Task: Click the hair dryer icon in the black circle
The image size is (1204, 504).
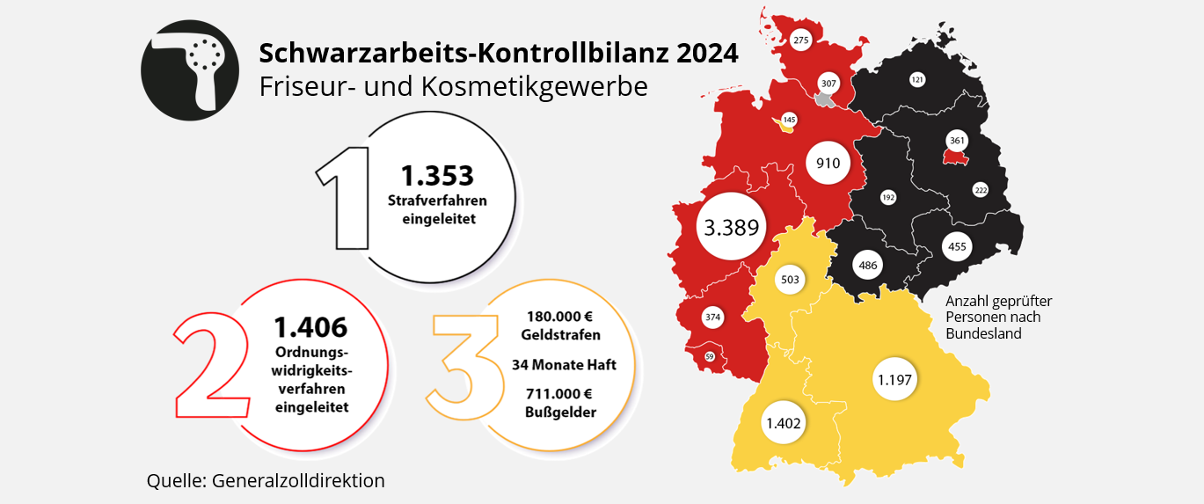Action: (189, 69)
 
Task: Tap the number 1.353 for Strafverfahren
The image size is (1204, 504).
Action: (437, 175)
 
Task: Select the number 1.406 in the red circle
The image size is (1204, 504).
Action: (310, 327)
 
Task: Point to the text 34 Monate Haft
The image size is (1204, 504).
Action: (564, 364)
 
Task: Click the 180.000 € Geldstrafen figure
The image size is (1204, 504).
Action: (561, 325)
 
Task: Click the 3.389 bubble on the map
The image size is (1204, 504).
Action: (731, 228)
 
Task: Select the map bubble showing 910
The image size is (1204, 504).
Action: (828, 163)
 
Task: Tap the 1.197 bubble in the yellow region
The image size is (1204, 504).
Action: (895, 380)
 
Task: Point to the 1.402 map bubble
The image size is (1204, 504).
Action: (784, 423)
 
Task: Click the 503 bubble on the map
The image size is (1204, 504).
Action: (790, 280)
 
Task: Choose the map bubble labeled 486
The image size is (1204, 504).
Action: (868, 264)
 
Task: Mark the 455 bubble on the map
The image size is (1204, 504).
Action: (957, 246)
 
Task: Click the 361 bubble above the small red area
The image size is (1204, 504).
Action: (957, 140)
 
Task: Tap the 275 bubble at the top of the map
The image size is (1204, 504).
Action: (800, 40)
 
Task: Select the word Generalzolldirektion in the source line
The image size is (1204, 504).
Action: (298, 481)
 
